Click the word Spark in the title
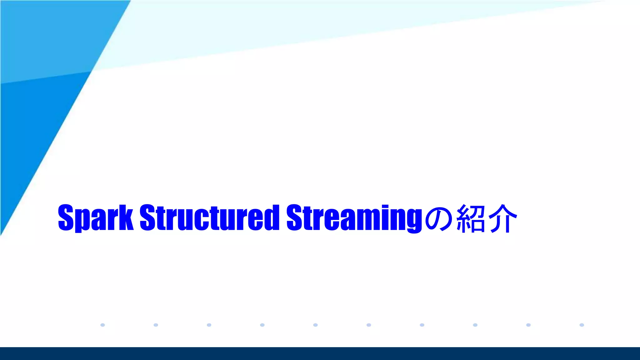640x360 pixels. point(96,217)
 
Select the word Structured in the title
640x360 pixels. point(209,217)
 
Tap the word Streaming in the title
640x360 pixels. point(354,217)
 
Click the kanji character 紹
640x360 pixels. point(471,218)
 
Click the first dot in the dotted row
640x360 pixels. point(102,325)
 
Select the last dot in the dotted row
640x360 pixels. point(582,325)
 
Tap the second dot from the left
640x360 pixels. point(156,325)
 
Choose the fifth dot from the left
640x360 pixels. point(315,325)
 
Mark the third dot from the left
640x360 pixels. point(209,325)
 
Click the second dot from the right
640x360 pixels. point(528,325)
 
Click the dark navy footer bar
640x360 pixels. point(320,353)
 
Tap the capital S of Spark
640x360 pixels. point(66,217)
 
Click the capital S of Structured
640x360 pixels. point(147,217)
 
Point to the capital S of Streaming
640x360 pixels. point(294,217)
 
